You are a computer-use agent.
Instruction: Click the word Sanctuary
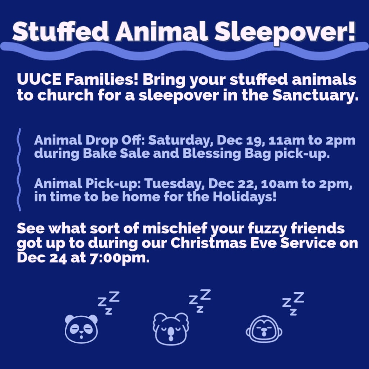tap(315, 95)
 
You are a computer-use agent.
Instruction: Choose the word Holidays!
tap(245, 197)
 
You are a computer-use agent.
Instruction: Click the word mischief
tap(175, 228)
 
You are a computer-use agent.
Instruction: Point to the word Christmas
tap(209, 243)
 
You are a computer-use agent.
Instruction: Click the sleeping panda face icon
tap(81, 329)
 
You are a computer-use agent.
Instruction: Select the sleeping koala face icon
tap(171, 329)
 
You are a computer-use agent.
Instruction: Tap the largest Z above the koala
tap(205, 295)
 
